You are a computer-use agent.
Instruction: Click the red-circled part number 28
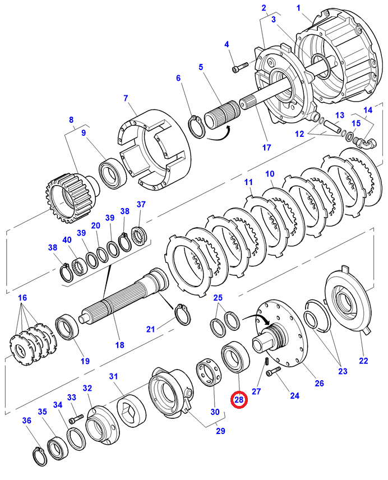pyautogui.click(x=239, y=400)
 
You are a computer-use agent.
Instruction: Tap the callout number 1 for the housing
pyautogui.click(x=299, y=8)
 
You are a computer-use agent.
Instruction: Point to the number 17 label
pyautogui.click(x=266, y=148)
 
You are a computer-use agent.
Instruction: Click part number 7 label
pyautogui.click(x=126, y=99)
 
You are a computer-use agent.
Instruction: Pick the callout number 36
pyautogui.click(x=26, y=421)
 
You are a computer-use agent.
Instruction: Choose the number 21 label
pyautogui.click(x=150, y=329)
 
